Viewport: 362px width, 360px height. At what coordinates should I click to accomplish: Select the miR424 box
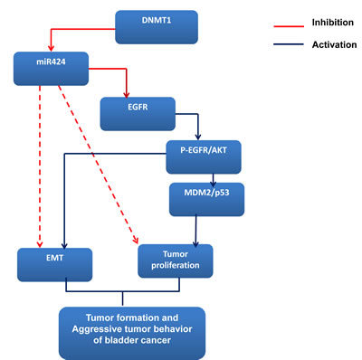pyautogui.click(x=53, y=66)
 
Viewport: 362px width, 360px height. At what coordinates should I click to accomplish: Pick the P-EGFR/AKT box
pyautogui.click(x=205, y=156)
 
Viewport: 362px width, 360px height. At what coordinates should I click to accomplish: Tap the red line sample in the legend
pyautogui.click(x=269, y=20)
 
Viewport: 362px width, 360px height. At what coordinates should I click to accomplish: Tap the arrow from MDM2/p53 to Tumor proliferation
pyautogui.click(x=209, y=231)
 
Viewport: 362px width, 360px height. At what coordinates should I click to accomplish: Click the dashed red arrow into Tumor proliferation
pyautogui.click(x=100, y=163)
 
